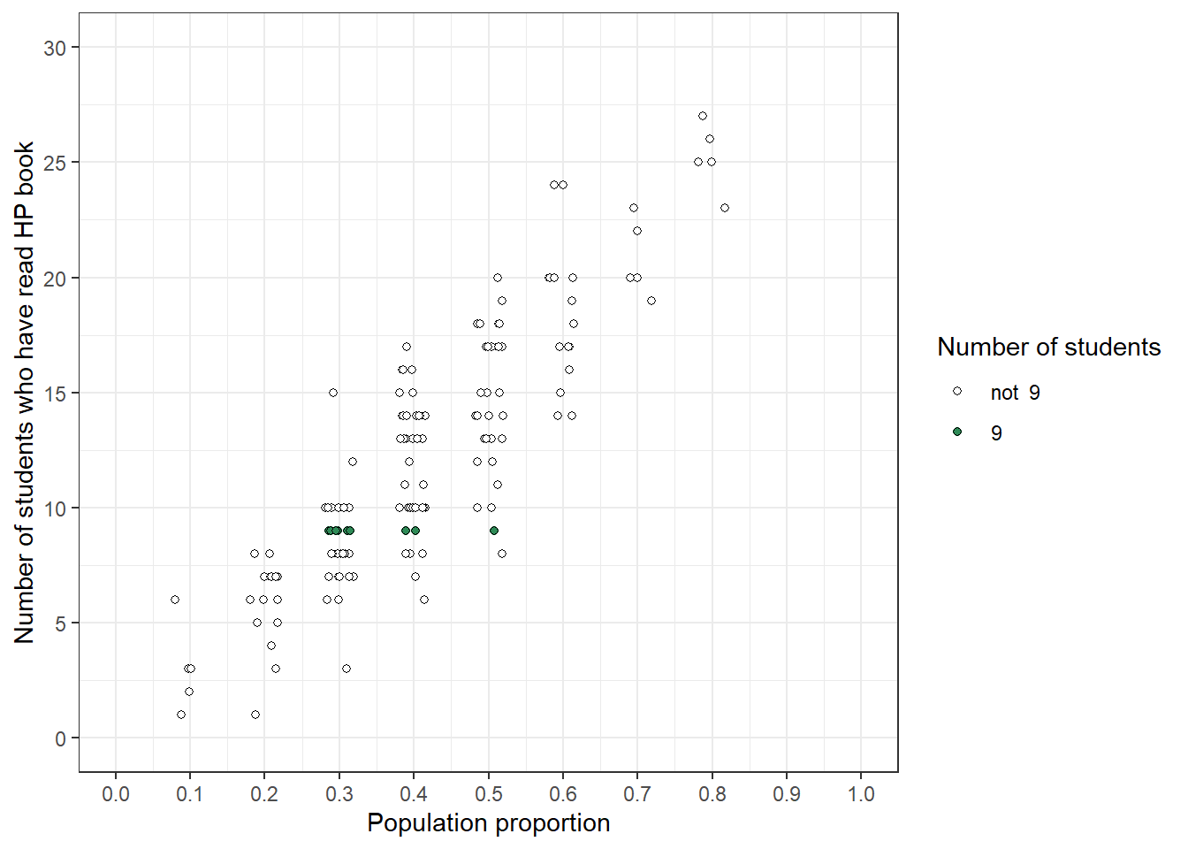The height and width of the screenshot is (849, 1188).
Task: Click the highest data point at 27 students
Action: click(x=703, y=116)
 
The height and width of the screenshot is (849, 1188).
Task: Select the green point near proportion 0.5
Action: click(x=494, y=531)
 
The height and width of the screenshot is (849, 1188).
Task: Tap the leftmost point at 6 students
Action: click(x=175, y=600)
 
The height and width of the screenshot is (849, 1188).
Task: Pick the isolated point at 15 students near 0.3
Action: click(x=333, y=393)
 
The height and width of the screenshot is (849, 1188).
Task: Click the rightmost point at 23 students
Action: click(x=725, y=208)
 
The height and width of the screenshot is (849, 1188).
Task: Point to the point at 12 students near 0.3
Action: click(x=353, y=462)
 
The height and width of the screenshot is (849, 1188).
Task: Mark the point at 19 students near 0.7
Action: click(x=651, y=301)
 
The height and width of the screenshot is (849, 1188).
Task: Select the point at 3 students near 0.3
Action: click(x=346, y=669)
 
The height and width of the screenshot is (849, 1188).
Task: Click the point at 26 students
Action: click(x=710, y=139)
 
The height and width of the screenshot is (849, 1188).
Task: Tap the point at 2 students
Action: click(x=189, y=692)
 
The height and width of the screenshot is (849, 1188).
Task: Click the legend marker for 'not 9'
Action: click(x=957, y=391)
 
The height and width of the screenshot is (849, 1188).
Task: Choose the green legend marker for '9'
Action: click(x=957, y=432)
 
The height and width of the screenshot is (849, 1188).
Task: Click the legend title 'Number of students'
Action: click(x=1048, y=347)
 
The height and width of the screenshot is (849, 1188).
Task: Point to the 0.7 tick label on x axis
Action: click(x=637, y=794)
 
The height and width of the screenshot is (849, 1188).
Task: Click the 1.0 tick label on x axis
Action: click(x=861, y=794)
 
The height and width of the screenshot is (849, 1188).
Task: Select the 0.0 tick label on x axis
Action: click(x=115, y=794)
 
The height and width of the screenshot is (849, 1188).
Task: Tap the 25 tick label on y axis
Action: click(x=55, y=163)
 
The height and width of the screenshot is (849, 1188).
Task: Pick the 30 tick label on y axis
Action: click(x=55, y=48)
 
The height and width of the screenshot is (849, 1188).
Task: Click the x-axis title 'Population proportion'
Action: click(x=488, y=823)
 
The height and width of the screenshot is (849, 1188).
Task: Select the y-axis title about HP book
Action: click(x=24, y=392)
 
